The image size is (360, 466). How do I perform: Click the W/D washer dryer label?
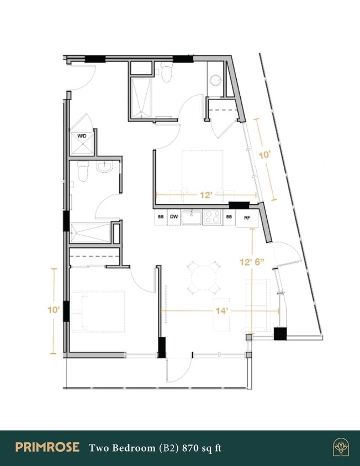[81, 135]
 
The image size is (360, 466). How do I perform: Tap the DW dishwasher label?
[173, 217]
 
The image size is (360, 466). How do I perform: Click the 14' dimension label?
[222, 311]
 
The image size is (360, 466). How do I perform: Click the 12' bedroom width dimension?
[207, 195]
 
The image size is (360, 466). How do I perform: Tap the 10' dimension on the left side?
[54, 311]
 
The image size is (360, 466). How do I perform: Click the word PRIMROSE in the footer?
[47, 447]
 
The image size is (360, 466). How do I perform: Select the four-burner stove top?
[213, 217]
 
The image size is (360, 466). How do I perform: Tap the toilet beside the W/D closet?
[83, 172]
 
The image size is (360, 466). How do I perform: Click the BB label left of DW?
[161, 217]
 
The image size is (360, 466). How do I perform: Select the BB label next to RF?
[229, 217]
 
